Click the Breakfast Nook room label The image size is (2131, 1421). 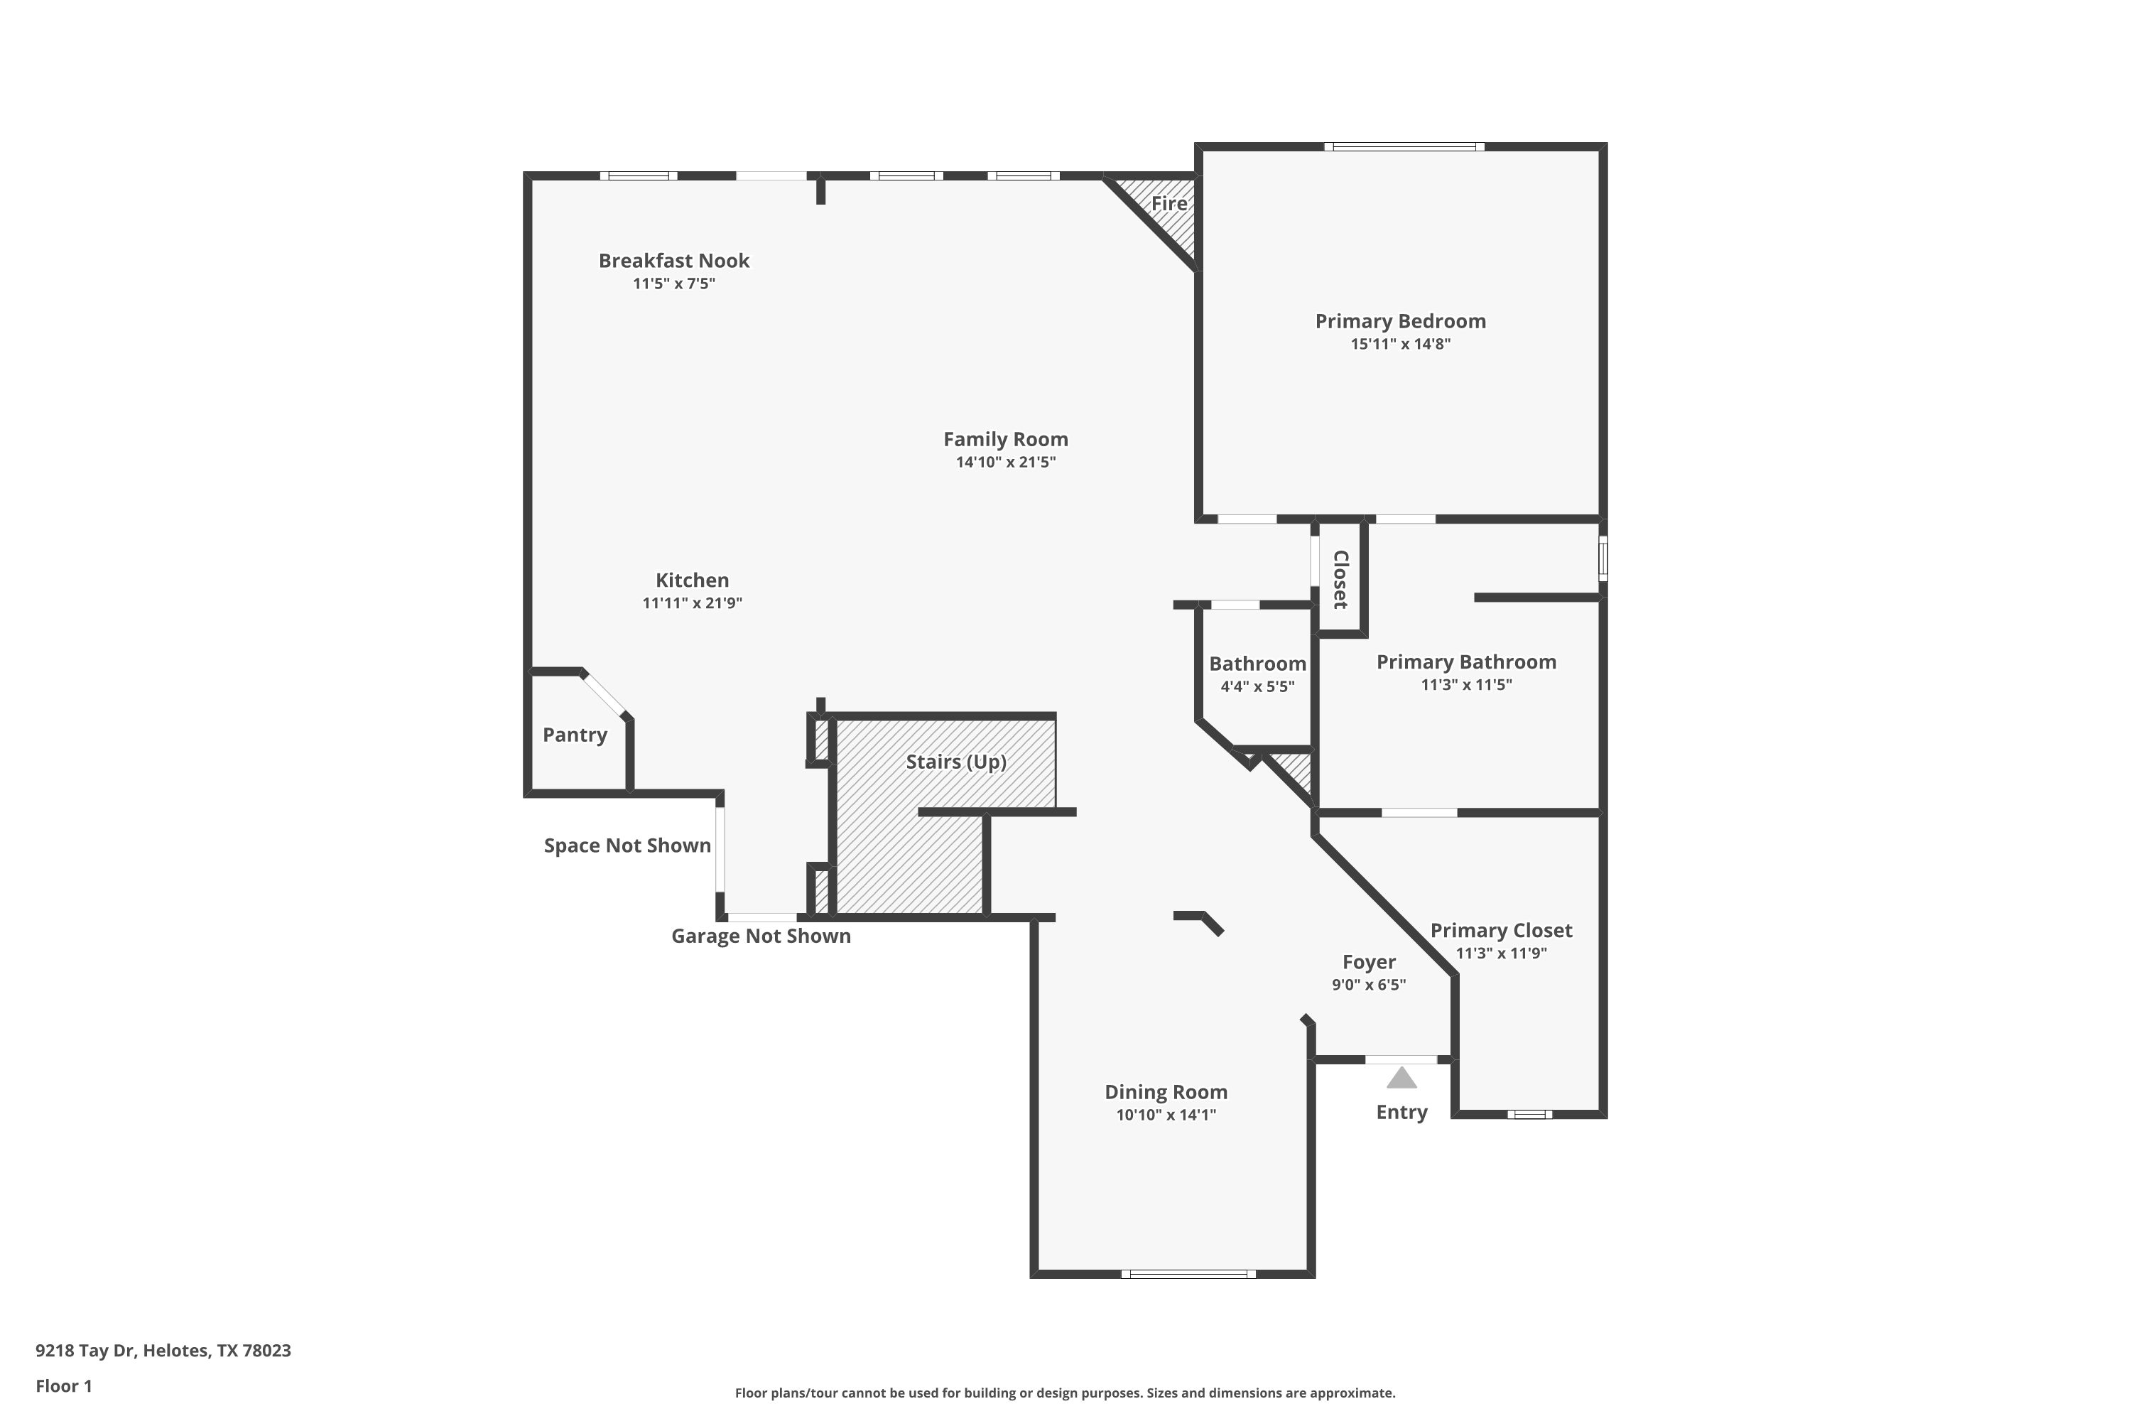(x=674, y=261)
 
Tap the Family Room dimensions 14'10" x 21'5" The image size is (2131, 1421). (x=1006, y=463)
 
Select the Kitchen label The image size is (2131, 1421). (x=692, y=580)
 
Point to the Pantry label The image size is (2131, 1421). (x=575, y=735)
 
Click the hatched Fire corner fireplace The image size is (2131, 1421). (x=1164, y=213)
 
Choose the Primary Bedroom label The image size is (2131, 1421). (x=1401, y=321)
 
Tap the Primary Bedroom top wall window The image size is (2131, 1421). (x=1404, y=147)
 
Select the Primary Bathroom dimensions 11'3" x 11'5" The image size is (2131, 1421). (x=1466, y=685)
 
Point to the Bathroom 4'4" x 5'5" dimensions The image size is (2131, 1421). (x=1257, y=687)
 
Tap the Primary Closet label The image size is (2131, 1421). (x=1502, y=931)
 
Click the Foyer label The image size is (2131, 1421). (x=1369, y=963)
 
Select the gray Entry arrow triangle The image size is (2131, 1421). (x=1401, y=1078)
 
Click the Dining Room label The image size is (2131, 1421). (x=1166, y=1092)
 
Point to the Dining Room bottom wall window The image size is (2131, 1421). (x=1188, y=1274)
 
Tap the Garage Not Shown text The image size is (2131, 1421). (x=761, y=936)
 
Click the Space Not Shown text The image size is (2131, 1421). (x=627, y=845)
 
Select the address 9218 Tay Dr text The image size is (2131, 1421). (x=86, y=1351)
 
